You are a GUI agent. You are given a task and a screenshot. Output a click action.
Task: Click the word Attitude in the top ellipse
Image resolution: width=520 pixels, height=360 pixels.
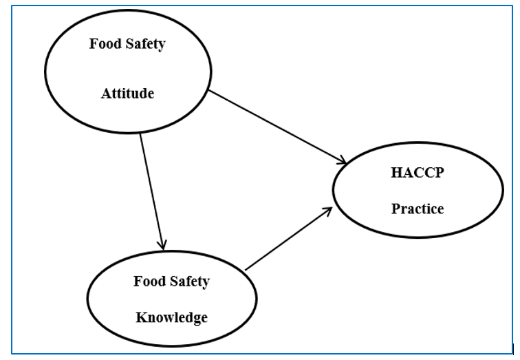point(127,94)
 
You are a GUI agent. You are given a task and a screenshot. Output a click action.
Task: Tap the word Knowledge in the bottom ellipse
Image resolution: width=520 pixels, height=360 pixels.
point(171,317)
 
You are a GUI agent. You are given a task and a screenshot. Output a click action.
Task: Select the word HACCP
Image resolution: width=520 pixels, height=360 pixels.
point(417,172)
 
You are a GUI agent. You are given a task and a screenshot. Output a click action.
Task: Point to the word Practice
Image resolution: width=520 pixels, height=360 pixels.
point(418,209)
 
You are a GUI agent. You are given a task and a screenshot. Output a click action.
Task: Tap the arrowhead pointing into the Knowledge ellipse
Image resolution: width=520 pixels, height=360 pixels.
point(162,244)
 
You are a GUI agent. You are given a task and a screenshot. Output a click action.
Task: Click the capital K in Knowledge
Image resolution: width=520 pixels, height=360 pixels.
point(140,317)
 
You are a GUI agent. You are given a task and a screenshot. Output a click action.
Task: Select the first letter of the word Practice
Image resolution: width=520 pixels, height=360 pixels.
point(395,209)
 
